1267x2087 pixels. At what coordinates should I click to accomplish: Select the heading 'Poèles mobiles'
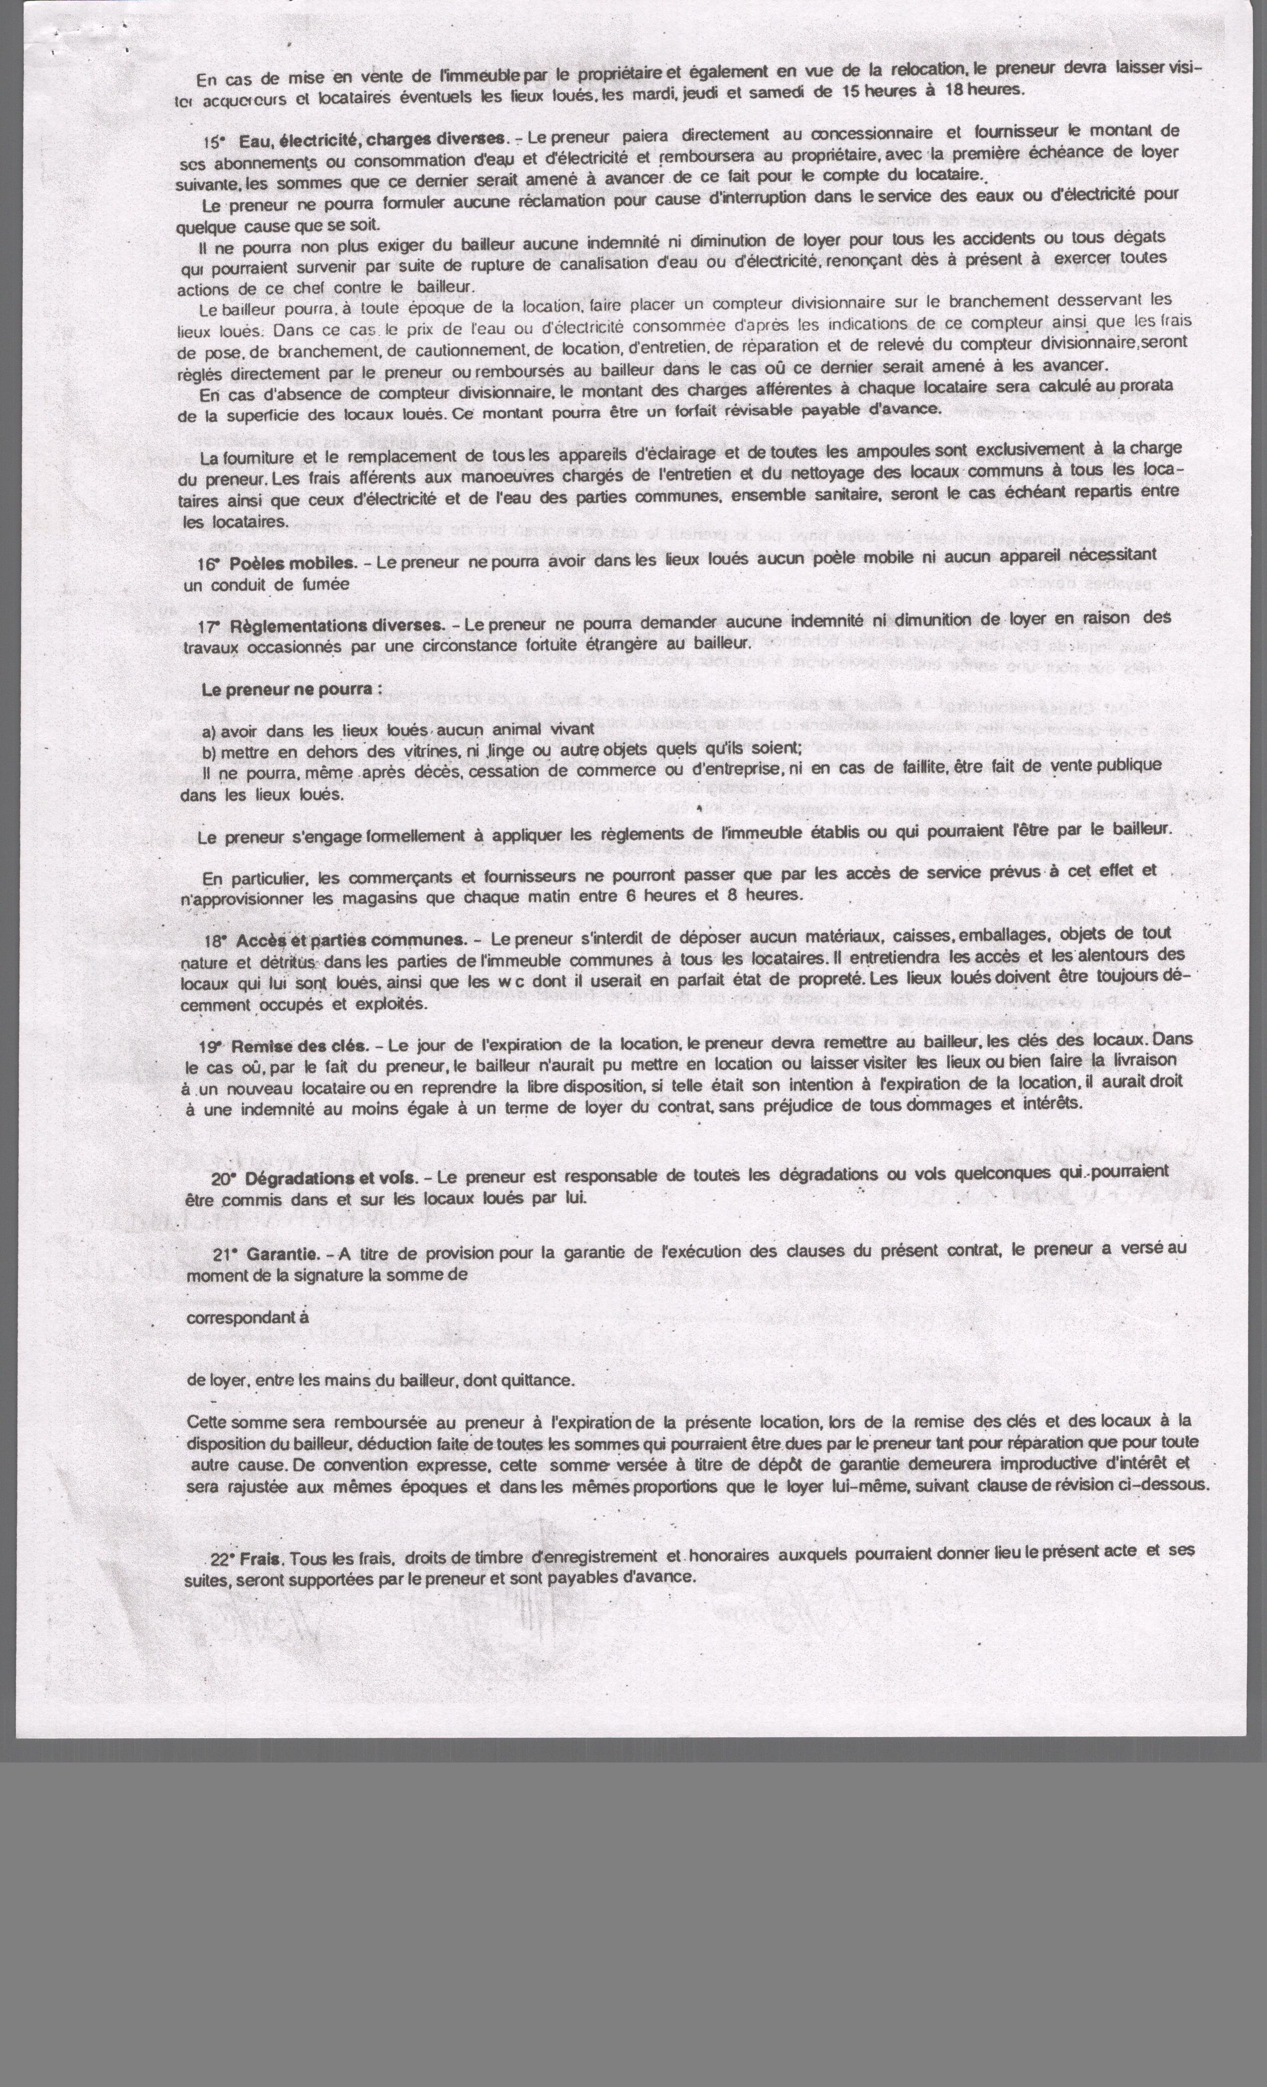pos(291,562)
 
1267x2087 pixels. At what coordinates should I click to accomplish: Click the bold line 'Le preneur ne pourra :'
pos(291,690)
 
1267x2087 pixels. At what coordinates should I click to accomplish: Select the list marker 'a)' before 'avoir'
pos(209,731)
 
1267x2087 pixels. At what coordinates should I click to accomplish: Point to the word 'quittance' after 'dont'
pos(539,1380)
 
